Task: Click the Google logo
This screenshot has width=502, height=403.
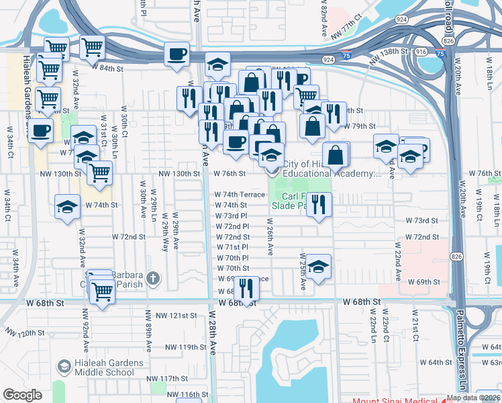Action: [22, 395]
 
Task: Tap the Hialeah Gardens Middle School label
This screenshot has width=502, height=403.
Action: [105, 367]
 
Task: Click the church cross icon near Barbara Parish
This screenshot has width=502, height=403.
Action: [153, 277]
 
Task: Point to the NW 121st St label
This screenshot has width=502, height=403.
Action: [176, 315]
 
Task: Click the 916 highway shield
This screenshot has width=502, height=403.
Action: [421, 51]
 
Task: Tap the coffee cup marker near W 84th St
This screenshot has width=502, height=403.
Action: [177, 54]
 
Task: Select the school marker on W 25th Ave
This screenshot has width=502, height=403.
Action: [319, 265]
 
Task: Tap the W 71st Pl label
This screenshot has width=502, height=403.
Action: [233, 247]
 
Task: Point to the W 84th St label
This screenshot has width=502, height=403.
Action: [111, 68]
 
